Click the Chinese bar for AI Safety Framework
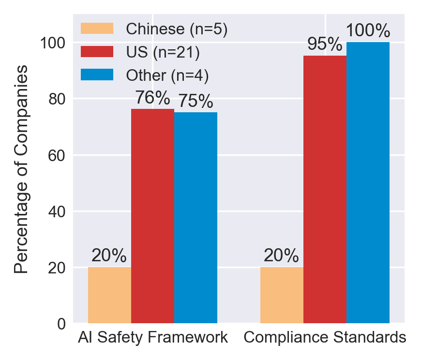[x=109, y=295]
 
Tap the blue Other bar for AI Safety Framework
[x=195, y=217]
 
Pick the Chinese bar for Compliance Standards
[x=282, y=295]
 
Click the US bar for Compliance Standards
[x=325, y=189]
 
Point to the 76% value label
[x=152, y=98]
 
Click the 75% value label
[x=195, y=102]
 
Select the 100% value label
[x=368, y=31]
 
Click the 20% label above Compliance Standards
[x=281, y=256]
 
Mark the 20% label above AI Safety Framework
[x=109, y=256]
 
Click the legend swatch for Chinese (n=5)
[x=97, y=29]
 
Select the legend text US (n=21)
[x=163, y=52]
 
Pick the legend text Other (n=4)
[x=167, y=75]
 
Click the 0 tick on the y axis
[x=61, y=324]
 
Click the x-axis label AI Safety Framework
[x=152, y=338]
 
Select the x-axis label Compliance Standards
[x=325, y=338]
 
